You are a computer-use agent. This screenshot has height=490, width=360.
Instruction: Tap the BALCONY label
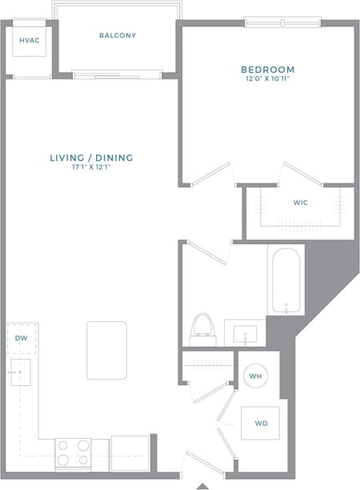(x=118, y=35)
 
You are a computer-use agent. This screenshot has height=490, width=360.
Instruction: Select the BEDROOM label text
(x=268, y=70)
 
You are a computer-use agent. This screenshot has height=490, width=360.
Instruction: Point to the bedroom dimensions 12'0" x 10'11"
(x=268, y=79)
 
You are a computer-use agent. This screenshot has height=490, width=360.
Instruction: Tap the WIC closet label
(x=300, y=203)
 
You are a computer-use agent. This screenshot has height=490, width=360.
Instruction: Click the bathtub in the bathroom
(x=286, y=282)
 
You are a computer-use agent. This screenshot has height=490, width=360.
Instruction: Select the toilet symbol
(x=203, y=329)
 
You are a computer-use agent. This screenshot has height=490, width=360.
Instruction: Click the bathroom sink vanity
(x=245, y=332)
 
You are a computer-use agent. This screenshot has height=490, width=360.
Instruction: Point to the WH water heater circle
(x=257, y=376)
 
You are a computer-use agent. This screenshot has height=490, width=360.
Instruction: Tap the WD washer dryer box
(x=261, y=423)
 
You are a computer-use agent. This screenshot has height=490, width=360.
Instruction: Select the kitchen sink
(x=20, y=373)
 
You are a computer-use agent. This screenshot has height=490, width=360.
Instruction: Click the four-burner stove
(x=73, y=453)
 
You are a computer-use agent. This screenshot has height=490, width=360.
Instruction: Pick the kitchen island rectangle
(x=106, y=351)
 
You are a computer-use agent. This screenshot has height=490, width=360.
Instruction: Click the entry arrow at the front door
(x=203, y=485)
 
